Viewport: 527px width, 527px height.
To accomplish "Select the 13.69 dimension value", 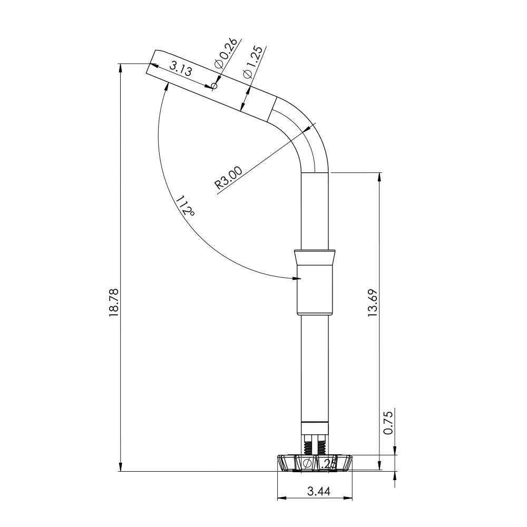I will point(373,302).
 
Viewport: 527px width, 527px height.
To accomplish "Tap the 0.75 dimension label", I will point(388,423).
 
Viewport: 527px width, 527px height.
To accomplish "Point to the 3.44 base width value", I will point(318,491).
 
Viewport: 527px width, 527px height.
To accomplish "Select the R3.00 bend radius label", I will point(229,178).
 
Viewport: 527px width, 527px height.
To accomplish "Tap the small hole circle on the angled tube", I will point(214,85).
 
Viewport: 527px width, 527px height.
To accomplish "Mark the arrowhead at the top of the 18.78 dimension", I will point(121,68).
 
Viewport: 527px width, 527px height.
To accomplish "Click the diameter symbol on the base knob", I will point(307,464).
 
